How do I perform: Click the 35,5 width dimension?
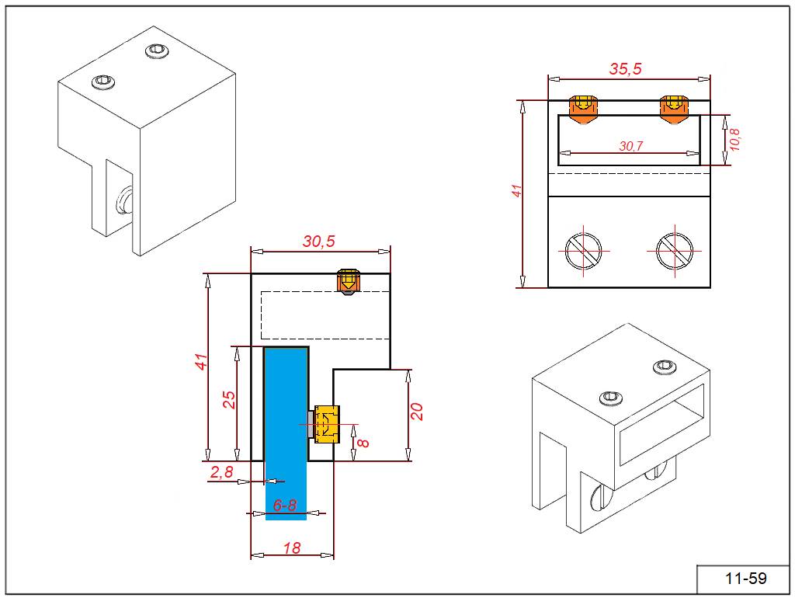point(625,68)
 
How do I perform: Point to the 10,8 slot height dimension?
point(735,140)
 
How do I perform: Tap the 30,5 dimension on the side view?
point(318,242)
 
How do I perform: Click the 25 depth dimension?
point(229,400)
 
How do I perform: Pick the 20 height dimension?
point(417,412)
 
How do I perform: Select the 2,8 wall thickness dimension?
point(222,471)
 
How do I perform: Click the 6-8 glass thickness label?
point(285,505)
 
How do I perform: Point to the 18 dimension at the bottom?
point(292,548)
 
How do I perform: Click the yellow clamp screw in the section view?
point(326,423)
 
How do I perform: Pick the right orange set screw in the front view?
point(672,108)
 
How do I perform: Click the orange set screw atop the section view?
point(349,280)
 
